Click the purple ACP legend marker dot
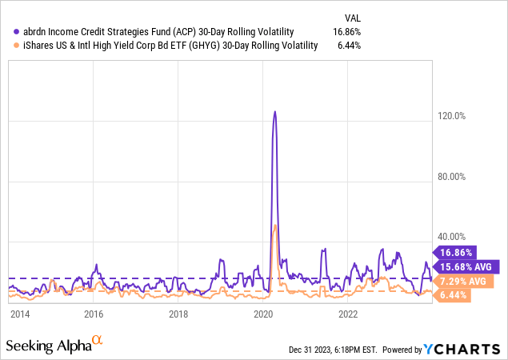pyautogui.click(x=7, y=32)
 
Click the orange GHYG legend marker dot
pyautogui.click(x=7, y=46)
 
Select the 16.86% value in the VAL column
pyautogui.click(x=346, y=32)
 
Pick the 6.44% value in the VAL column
pyautogui.click(x=349, y=46)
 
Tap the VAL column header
pyautogui.click(x=350, y=16)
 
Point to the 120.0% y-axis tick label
pyautogui.click(x=450, y=116)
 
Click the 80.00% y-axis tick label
pyautogui.click(x=450, y=176)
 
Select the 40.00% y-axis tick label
pyautogui.click(x=450, y=236)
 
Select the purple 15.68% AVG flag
pyautogui.click(x=468, y=266)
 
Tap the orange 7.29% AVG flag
pyautogui.click(x=464, y=281)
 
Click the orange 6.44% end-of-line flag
pyautogui.click(x=454, y=295)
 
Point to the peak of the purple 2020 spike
pyautogui.click(x=274, y=112)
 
